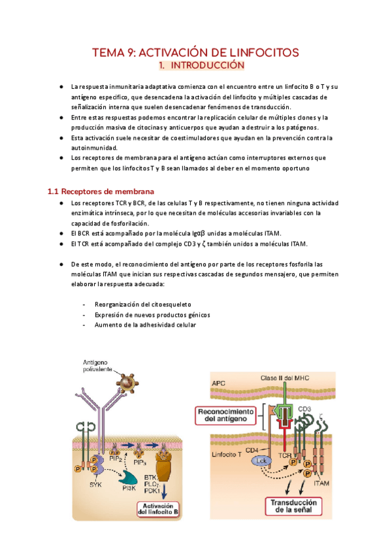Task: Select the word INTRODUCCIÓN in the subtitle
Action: [207, 66]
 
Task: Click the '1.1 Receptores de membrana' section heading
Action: [101, 192]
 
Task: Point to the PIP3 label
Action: [139, 461]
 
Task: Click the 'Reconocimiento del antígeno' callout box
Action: [227, 415]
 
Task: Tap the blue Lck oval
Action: [261, 461]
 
